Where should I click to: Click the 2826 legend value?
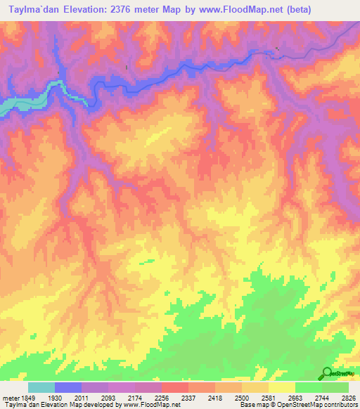349,398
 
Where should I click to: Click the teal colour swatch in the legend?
41,387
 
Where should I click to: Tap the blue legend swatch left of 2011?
67,387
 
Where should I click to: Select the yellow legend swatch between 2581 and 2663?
281,387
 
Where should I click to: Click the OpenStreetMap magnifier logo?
327,372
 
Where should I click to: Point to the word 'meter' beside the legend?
10,398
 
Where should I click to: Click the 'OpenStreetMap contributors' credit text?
323,405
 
